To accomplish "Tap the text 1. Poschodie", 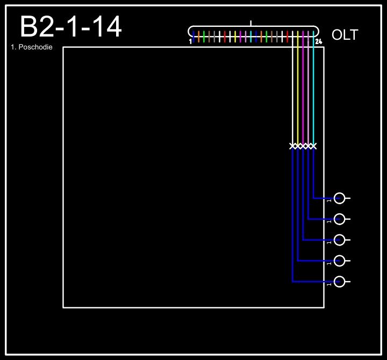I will (31, 47).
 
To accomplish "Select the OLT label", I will (345, 35).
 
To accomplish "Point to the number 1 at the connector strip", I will (190, 41).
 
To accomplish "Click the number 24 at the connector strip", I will (319, 41).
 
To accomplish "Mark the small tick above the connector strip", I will (251, 23).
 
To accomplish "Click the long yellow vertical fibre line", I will (298, 91).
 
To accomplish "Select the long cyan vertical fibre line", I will (313, 91).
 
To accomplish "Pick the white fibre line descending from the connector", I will (292, 91).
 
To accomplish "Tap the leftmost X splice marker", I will (292, 146).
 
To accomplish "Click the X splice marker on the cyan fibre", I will (313, 146).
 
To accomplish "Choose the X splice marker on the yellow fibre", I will (298, 146).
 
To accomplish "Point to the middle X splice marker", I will (303, 146).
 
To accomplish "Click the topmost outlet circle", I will (339, 198).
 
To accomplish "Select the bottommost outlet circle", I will (339, 282).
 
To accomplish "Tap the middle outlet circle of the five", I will (339, 240).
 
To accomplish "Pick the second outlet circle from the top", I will (339, 219).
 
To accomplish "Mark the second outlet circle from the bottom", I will (339, 261).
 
